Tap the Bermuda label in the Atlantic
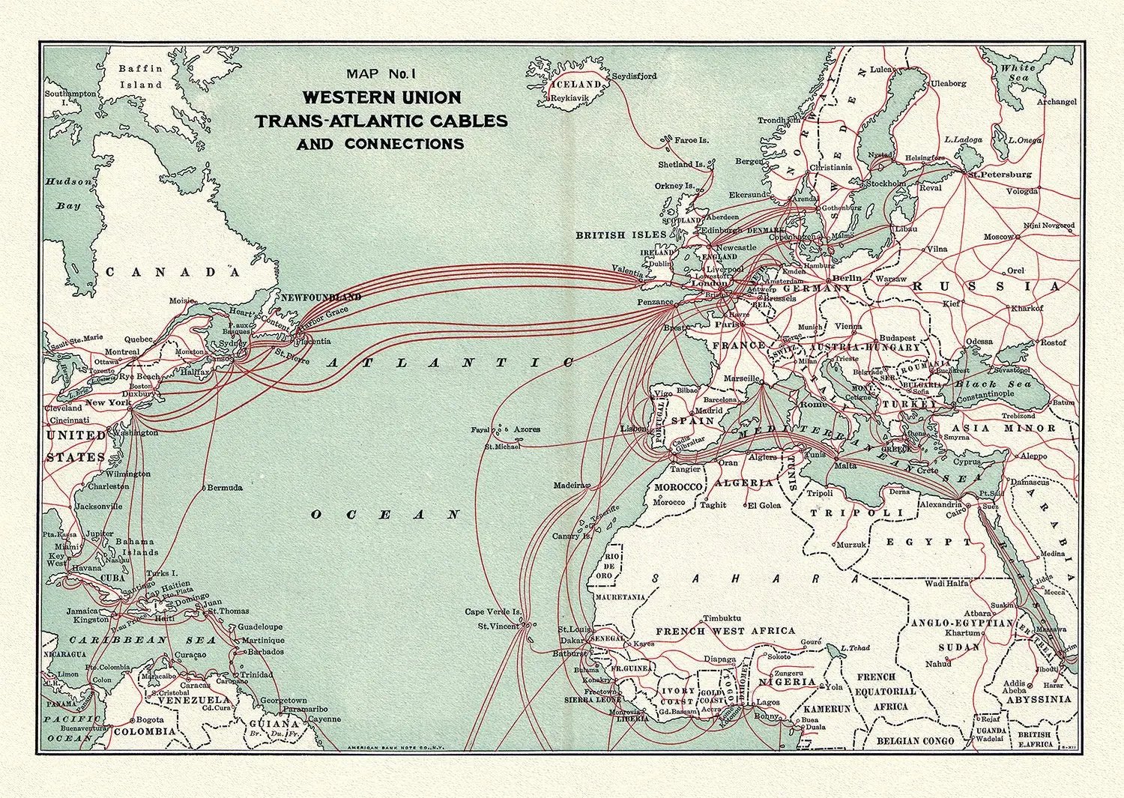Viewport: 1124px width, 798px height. [x=224, y=487]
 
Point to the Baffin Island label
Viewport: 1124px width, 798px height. [x=141, y=76]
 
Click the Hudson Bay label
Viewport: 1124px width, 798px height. [x=68, y=193]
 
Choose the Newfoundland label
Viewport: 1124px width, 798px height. [x=320, y=297]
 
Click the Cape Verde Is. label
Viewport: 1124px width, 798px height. [x=492, y=611]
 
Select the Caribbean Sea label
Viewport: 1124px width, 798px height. [x=143, y=641]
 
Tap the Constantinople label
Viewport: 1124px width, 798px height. [x=982, y=393]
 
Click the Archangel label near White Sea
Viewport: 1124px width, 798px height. [x=1057, y=102]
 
